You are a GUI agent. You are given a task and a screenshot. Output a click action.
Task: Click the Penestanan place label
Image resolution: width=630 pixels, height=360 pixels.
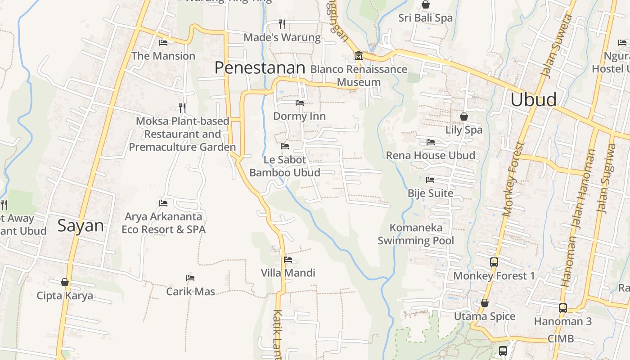click(x=260, y=68)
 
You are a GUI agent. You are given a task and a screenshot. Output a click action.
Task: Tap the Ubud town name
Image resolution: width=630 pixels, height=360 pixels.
click(x=533, y=99)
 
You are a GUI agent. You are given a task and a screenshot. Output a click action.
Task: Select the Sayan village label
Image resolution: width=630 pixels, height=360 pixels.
click(x=81, y=225)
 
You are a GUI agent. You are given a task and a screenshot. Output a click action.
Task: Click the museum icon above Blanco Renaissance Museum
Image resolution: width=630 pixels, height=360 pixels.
click(x=359, y=56)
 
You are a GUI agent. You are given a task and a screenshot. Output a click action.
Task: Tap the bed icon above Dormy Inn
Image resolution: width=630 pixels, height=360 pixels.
click(x=299, y=103)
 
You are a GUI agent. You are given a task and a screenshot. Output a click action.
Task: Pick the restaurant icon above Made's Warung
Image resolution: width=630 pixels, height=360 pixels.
click(x=282, y=24)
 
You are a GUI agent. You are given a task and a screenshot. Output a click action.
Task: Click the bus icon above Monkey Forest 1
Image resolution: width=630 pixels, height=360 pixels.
click(x=494, y=262)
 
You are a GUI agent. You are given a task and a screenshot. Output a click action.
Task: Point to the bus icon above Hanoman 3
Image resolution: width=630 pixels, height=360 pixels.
click(x=562, y=308)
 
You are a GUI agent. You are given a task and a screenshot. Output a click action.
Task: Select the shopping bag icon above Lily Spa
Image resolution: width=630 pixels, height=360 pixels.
click(x=463, y=117)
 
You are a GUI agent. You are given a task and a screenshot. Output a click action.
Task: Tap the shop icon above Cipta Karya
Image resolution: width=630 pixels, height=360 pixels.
click(x=65, y=282)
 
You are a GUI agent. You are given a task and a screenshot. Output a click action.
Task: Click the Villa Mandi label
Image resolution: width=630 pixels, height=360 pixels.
click(x=288, y=273)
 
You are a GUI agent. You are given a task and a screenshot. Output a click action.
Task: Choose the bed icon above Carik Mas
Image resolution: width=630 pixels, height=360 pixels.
click(x=190, y=278)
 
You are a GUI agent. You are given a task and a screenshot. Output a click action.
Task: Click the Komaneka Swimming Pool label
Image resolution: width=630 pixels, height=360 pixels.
click(x=416, y=234)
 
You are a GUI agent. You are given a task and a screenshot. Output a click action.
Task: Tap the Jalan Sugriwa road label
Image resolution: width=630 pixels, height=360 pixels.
click(x=606, y=178)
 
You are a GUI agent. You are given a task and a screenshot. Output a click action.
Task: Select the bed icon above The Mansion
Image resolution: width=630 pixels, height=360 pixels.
click(x=163, y=43)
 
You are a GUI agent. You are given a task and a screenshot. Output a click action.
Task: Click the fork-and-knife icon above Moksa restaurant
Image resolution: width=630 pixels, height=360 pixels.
click(x=182, y=108)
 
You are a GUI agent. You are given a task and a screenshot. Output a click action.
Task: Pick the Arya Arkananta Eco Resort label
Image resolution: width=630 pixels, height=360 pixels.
click(x=163, y=223)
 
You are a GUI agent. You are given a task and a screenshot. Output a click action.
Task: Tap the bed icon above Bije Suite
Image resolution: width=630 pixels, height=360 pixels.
click(x=430, y=180)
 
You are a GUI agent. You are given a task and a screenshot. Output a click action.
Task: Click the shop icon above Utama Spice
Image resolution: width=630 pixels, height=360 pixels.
click(x=485, y=303)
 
